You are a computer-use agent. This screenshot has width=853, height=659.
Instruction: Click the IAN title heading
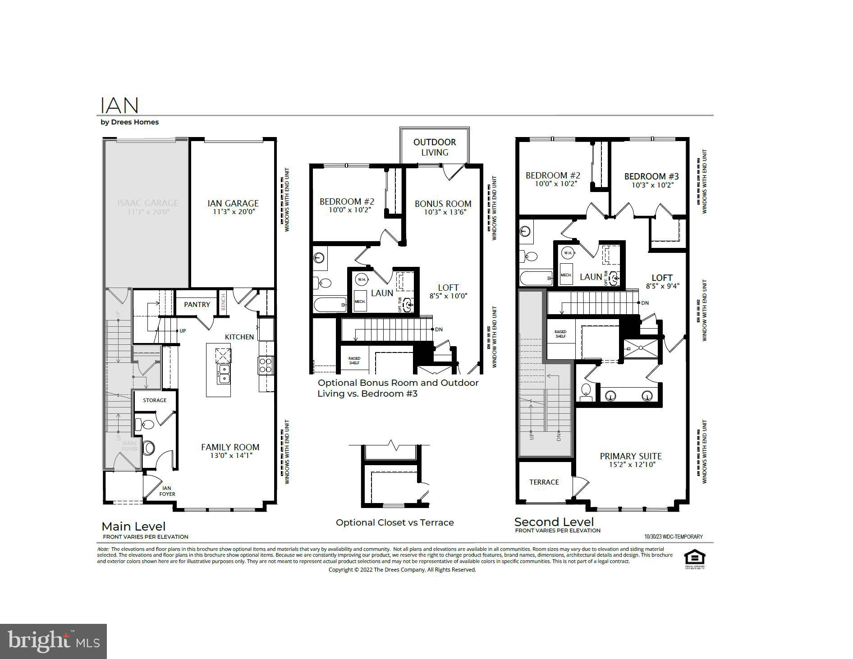(x=119, y=105)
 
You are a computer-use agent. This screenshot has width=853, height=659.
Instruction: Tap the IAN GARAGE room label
(x=233, y=203)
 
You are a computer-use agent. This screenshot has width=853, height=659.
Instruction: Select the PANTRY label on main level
(x=197, y=305)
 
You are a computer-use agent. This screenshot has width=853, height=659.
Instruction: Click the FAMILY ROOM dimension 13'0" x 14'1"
(x=231, y=456)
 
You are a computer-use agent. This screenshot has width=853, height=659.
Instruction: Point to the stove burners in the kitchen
(x=265, y=365)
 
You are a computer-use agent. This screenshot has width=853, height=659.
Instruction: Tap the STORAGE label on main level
(x=155, y=400)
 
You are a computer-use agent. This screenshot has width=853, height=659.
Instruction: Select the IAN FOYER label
(x=167, y=491)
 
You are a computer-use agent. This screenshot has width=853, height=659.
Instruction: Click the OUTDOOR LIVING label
(x=435, y=147)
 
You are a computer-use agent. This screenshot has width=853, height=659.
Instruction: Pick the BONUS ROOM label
(x=443, y=204)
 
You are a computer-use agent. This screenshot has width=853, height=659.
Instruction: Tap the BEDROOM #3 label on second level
(x=651, y=176)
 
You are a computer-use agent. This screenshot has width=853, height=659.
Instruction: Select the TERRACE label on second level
(x=544, y=482)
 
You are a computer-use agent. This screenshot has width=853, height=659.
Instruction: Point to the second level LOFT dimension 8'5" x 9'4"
(x=662, y=286)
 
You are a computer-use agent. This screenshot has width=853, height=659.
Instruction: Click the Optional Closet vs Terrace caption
(x=394, y=522)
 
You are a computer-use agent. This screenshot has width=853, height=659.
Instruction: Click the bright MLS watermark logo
(x=53, y=641)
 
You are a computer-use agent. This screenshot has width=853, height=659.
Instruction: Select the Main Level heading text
(x=133, y=526)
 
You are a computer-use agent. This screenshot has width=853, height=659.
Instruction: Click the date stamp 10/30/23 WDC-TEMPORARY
(x=673, y=537)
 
